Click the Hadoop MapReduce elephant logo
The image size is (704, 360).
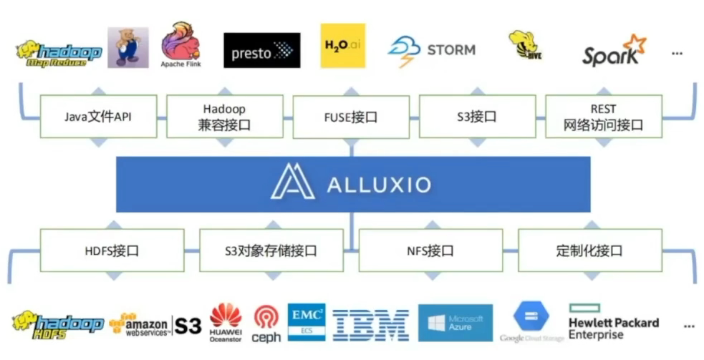(59, 52)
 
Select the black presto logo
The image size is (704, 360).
(261, 50)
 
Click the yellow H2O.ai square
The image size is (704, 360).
(342, 47)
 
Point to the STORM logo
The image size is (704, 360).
(431, 51)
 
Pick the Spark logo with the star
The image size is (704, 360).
(614, 52)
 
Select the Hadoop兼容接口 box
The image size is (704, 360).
(224, 117)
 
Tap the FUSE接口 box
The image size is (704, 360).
(351, 117)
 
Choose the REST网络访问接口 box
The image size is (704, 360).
(603, 117)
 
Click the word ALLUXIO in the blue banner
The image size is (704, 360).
(379, 185)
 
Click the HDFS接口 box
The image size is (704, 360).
(112, 250)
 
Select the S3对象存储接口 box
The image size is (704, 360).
(271, 250)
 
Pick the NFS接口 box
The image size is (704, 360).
(430, 250)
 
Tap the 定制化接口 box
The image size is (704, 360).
(589, 250)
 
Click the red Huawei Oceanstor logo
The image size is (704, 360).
(226, 322)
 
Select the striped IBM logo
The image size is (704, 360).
(371, 325)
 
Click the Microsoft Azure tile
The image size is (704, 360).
(455, 323)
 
